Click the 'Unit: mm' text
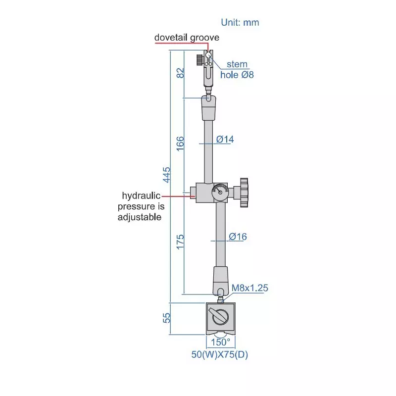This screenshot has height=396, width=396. click(240, 22)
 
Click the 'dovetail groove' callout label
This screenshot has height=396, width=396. click(187, 37)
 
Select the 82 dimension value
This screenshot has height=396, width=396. click(180, 73)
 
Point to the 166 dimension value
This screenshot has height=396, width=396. click(180, 144)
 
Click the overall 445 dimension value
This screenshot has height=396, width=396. click(167, 174)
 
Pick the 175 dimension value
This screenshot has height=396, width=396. click(180, 242)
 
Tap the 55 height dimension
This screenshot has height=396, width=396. click(167, 318)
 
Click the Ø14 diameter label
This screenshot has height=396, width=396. click(225, 140)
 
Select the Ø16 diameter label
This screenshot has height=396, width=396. click(238, 237)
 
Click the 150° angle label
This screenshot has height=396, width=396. click(221, 342)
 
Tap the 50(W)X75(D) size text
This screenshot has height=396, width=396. click(219, 355)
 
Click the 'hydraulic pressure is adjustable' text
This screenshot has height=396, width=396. click(140, 206)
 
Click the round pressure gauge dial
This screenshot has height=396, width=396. click(220, 192)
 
